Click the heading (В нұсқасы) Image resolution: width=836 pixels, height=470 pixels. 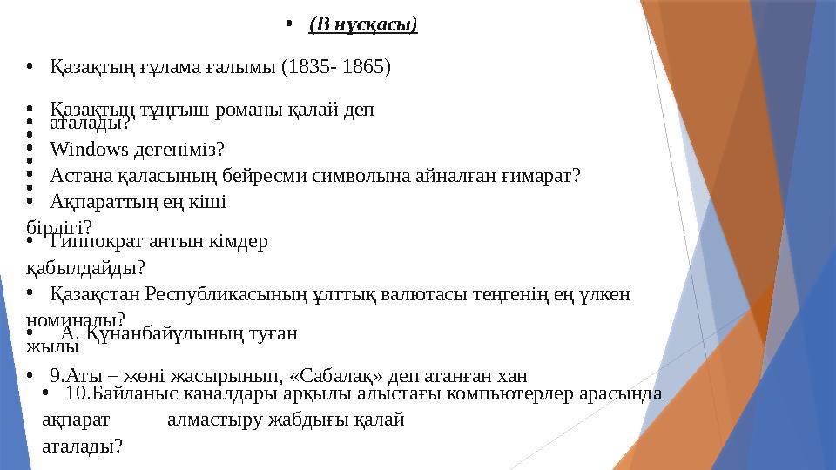pos(363,23)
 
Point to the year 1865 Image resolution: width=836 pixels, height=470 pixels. pos(367,66)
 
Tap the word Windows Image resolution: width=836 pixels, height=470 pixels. pos(82,148)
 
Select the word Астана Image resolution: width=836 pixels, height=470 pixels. pos(77,176)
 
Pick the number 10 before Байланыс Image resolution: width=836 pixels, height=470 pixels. pos(74,393)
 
